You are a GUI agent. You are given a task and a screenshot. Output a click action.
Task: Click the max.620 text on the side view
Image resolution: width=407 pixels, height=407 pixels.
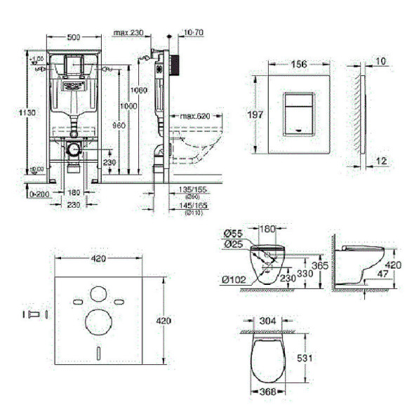194,116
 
